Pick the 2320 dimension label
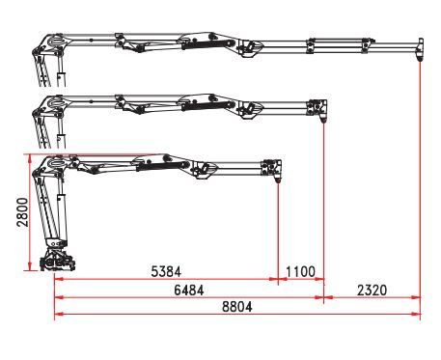372,290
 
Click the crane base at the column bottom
58,262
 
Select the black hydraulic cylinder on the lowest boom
159,165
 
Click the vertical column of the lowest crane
49,217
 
